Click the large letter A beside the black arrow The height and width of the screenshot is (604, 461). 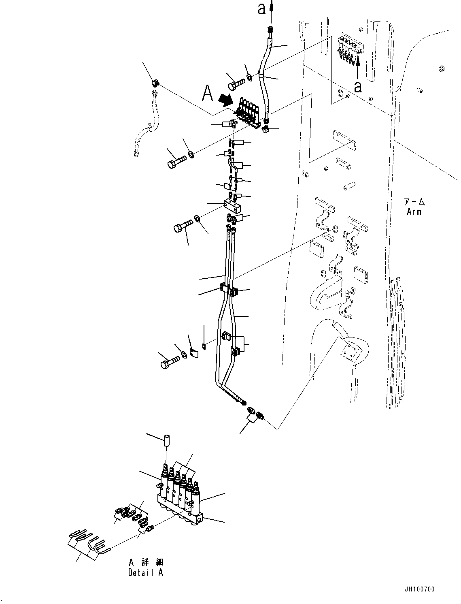[x=207, y=93]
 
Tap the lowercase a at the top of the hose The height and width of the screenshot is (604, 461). [x=262, y=9]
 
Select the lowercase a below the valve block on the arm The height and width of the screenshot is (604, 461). [x=358, y=86]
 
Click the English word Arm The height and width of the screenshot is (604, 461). [x=414, y=211]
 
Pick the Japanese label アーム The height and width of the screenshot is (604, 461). [x=414, y=202]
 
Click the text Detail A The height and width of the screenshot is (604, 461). [x=146, y=573]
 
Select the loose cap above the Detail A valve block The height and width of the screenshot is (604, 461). [x=166, y=440]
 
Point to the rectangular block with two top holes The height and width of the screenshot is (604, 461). [x=233, y=205]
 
